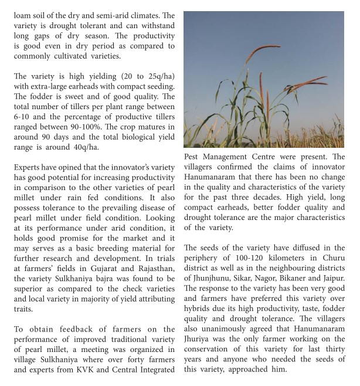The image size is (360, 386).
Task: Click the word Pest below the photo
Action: coord(193,157)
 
